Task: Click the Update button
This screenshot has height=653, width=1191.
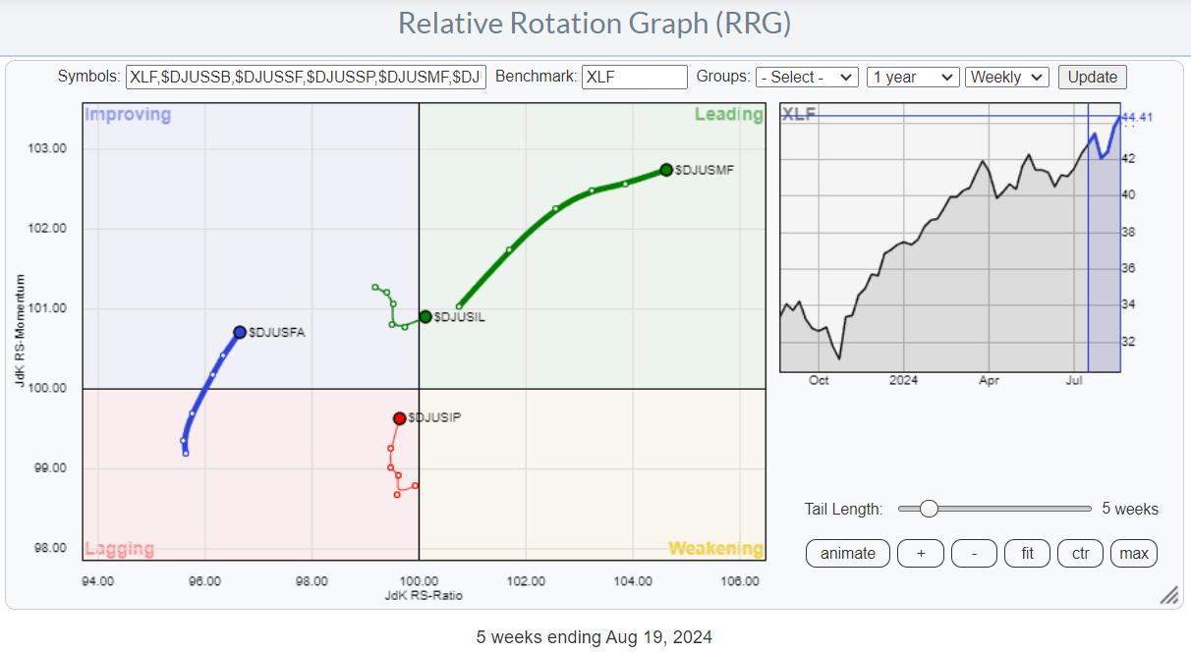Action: click(1092, 77)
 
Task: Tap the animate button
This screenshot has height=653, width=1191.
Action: click(847, 553)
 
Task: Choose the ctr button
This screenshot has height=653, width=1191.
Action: click(1080, 553)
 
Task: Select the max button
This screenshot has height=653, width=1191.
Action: click(1133, 553)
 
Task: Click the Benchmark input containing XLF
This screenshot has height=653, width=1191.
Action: click(634, 77)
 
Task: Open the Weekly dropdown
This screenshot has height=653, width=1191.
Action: click(1007, 77)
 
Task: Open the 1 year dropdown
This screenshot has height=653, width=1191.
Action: click(912, 77)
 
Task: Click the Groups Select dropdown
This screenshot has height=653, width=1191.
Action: click(807, 77)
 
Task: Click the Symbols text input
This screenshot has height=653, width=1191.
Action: click(306, 77)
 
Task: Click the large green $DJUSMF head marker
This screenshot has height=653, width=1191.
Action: click(666, 170)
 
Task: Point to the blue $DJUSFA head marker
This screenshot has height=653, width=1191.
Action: click(240, 332)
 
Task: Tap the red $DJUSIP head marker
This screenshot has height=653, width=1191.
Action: click(400, 418)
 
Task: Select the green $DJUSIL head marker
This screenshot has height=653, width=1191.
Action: click(425, 316)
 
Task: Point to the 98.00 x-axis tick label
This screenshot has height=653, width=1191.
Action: click(312, 580)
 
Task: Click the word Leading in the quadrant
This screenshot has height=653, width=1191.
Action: click(728, 115)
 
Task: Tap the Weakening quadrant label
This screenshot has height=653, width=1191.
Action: click(715, 549)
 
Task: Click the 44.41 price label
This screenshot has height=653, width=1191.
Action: click(1137, 118)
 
